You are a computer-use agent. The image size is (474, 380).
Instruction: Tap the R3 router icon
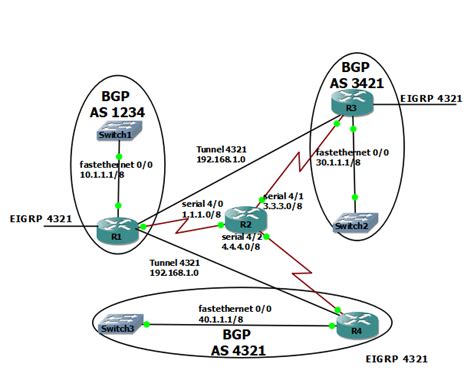(351, 107)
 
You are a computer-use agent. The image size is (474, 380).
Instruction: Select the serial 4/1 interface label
(282, 197)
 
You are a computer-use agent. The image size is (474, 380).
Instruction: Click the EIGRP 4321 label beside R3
(430, 99)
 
